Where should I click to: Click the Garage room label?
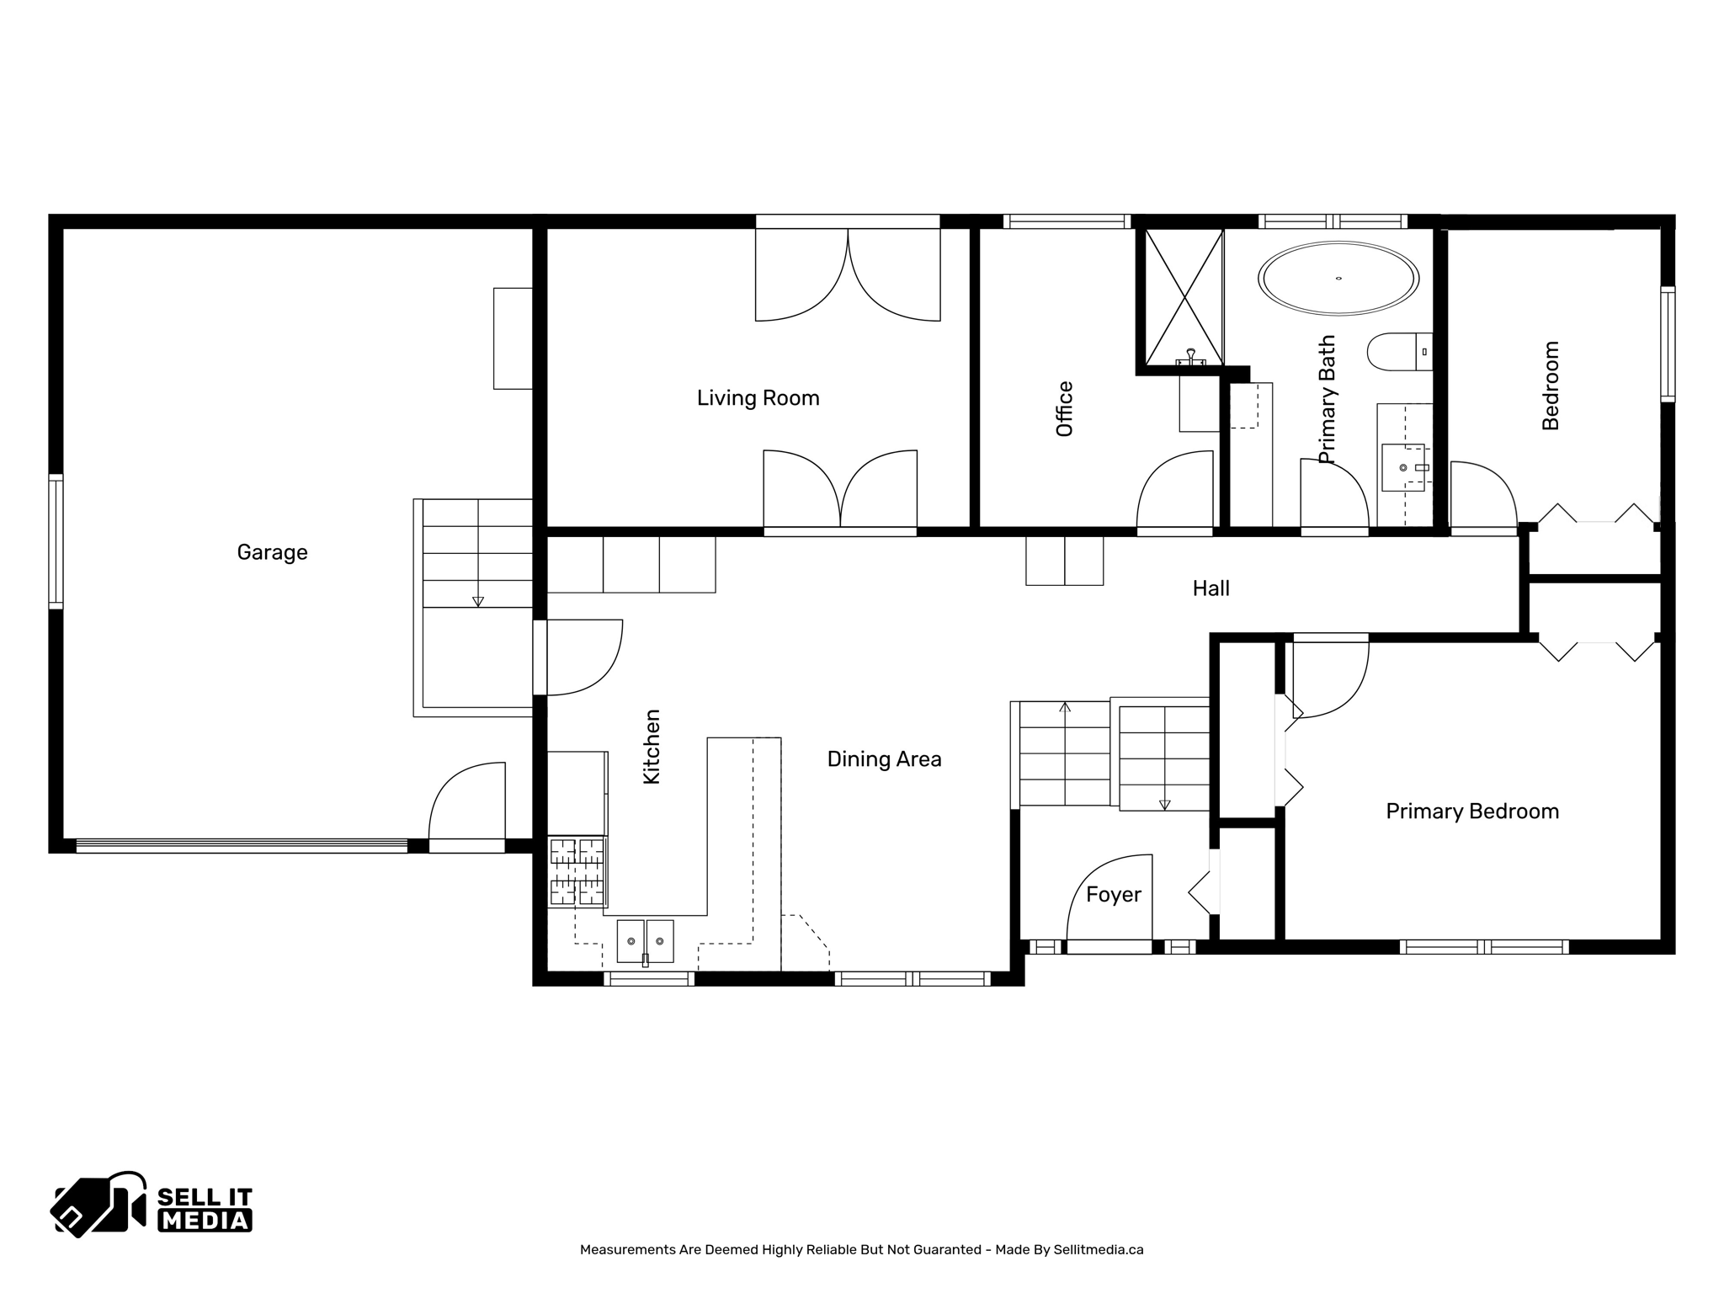tap(272, 552)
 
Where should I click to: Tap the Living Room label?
tap(758, 398)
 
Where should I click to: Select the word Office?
tap(1065, 409)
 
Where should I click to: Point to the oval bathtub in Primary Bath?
tap(1338, 278)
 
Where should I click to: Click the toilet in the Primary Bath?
tap(1398, 352)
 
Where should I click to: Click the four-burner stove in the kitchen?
tap(577, 871)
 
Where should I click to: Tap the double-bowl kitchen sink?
tap(646, 941)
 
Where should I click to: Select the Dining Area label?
tap(884, 759)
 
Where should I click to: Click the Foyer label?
tap(1113, 895)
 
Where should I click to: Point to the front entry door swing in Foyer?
tap(1108, 901)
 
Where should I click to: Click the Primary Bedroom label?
tap(1472, 811)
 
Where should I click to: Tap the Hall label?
tap(1211, 588)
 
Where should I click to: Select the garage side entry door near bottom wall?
tap(467, 804)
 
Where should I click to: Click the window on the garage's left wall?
tap(56, 541)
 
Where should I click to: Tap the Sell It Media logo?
tap(152, 1205)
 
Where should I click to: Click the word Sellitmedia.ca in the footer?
tap(1098, 1250)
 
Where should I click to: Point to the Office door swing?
tap(1173, 492)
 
